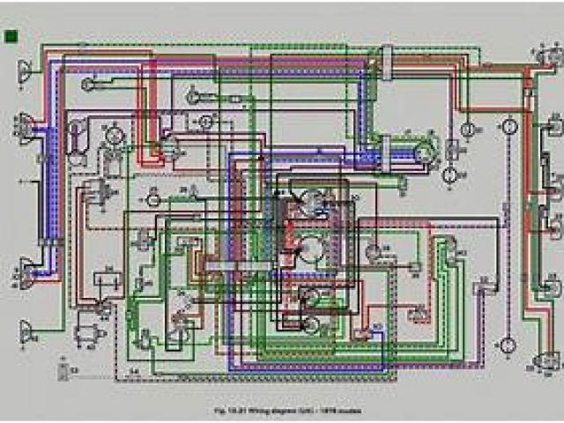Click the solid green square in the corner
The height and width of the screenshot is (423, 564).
point(12,36)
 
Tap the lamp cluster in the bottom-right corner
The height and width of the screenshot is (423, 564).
point(545,361)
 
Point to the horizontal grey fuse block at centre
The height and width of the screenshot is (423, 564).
point(231,265)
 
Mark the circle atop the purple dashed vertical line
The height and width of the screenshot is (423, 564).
point(508,127)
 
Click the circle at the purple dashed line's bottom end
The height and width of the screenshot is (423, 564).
point(507,344)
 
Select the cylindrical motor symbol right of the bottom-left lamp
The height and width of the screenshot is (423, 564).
point(88,333)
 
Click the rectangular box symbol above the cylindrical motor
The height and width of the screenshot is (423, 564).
point(108,279)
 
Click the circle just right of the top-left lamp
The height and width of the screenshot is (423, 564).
point(88,84)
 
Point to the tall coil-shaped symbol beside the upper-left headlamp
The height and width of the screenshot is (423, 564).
point(78,137)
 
